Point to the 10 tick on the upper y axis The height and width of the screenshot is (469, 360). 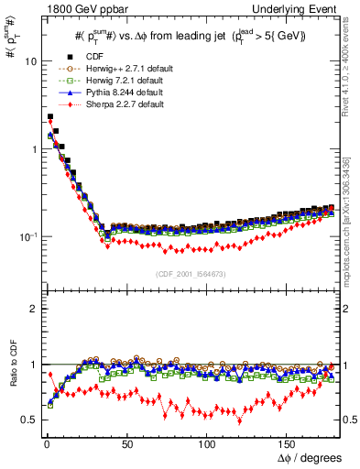29,61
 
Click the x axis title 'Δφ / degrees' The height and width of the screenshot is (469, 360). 309,456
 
